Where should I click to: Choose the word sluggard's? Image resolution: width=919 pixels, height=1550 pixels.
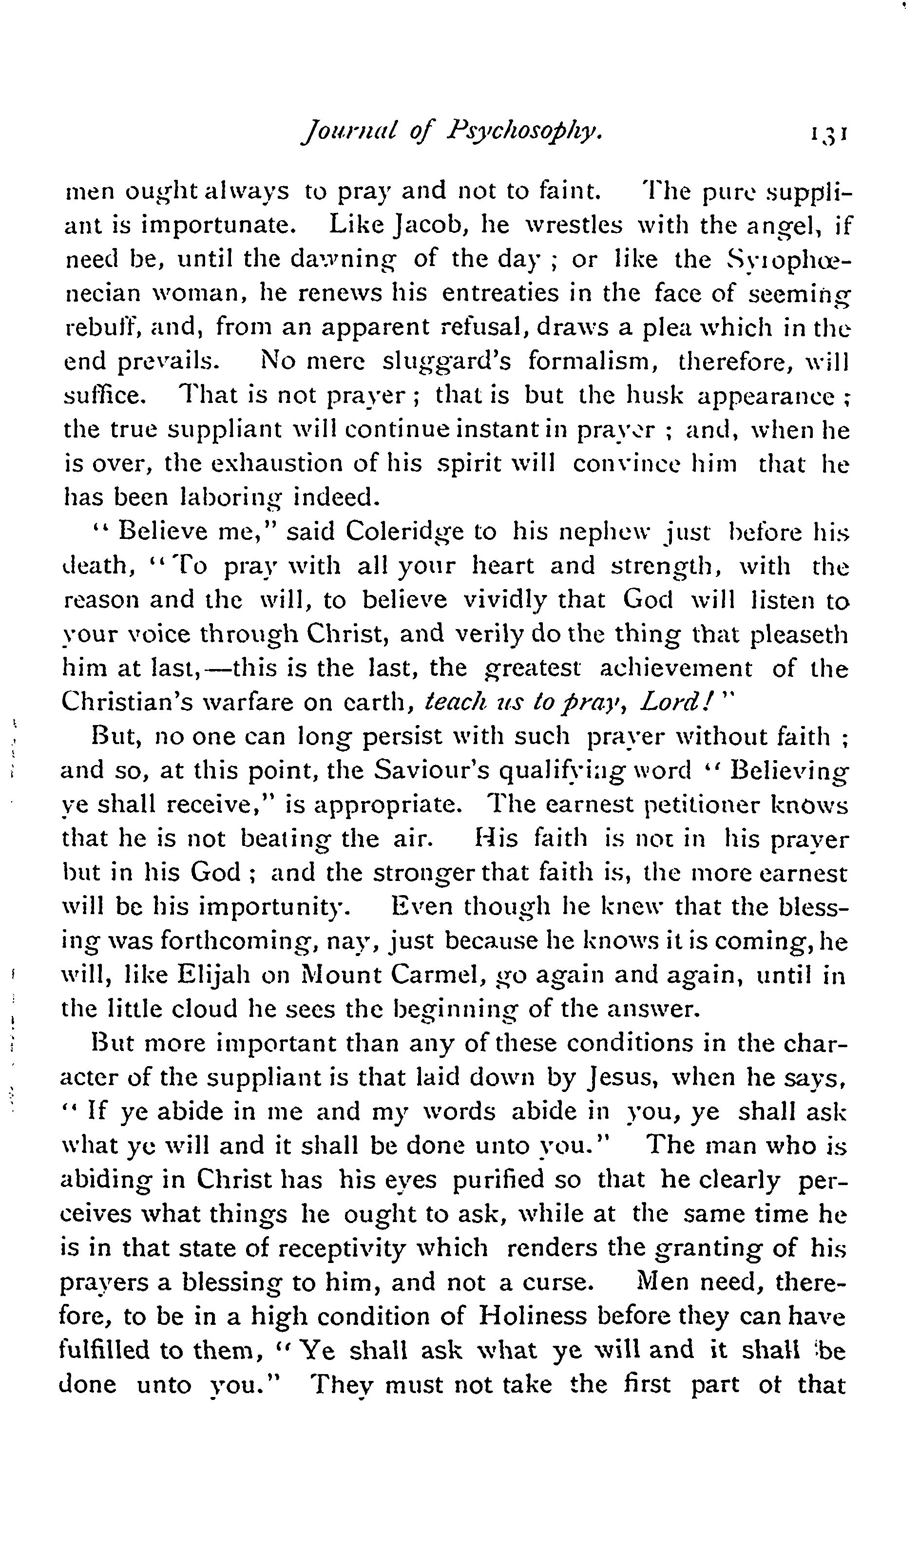point(446,361)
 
